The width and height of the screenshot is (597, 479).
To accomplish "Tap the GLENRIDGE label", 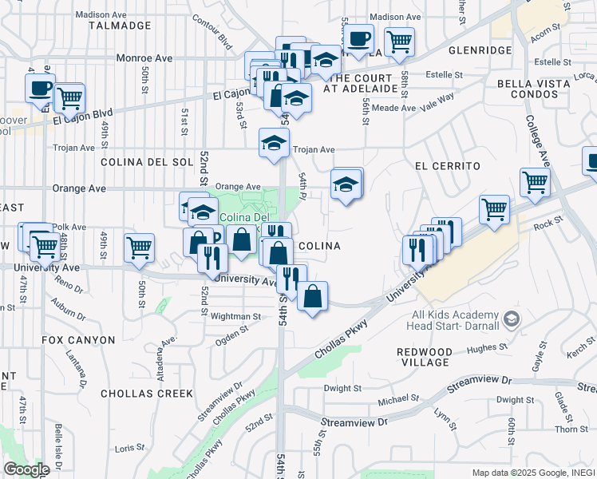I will click(480, 49).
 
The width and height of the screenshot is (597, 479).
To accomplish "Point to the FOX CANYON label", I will click(79, 340).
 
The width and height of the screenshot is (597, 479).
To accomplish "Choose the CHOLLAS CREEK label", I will click(147, 394).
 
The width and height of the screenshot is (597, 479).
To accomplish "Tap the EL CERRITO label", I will click(447, 166).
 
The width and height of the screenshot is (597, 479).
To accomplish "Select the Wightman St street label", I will click(235, 317).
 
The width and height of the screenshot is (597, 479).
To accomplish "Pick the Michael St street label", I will click(397, 398).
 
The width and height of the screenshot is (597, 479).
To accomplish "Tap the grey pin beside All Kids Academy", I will click(512, 320).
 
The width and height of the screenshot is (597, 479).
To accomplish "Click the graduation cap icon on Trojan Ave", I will click(273, 144).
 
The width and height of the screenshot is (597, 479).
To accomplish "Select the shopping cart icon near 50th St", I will click(139, 247).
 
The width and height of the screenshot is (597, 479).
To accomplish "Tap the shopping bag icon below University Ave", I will click(313, 296).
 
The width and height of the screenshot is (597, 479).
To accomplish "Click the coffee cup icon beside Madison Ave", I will click(358, 38).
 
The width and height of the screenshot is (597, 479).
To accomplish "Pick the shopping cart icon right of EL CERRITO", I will click(535, 182).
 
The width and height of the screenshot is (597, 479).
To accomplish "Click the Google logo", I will click(26, 469).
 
